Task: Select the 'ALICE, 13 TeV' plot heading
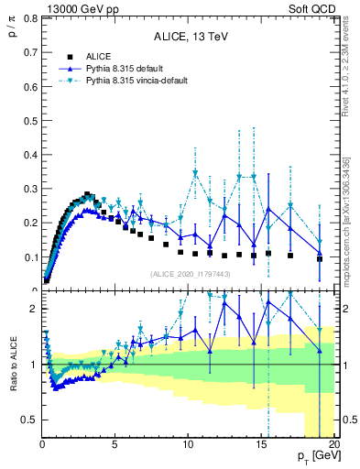(x=191, y=38)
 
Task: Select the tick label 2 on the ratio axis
(x=33, y=309)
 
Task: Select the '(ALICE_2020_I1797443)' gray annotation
(x=191, y=274)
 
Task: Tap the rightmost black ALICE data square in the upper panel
(x=320, y=258)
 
